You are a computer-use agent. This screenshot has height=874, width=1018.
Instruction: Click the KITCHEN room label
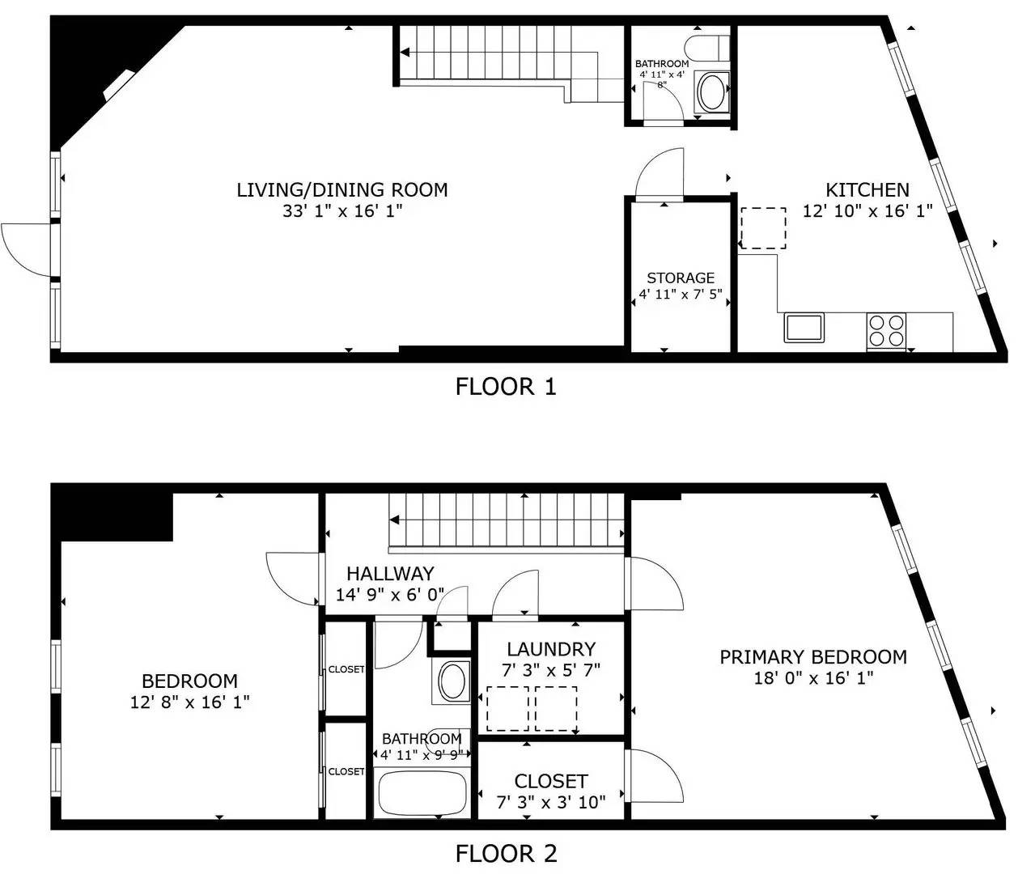tap(867, 189)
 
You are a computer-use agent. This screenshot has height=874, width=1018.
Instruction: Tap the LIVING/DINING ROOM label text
tap(342, 189)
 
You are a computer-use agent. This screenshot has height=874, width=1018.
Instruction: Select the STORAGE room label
tap(681, 278)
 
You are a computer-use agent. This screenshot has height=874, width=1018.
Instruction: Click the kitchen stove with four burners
tap(886, 331)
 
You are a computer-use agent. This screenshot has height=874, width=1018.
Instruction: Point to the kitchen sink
tap(804, 328)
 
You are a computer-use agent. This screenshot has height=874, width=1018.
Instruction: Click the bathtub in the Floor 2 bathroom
tap(422, 794)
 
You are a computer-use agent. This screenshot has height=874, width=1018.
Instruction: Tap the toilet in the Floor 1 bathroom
tap(706, 47)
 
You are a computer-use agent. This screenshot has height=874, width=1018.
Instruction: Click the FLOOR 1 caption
tap(506, 387)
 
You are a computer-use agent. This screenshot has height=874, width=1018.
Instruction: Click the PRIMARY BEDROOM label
tap(813, 657)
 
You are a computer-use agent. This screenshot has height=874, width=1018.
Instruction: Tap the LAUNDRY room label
tap(551, 649)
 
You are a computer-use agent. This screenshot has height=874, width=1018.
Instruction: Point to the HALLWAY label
tap(390, 574)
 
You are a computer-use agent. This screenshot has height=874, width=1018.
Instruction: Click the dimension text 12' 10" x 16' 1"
tap(867, 211)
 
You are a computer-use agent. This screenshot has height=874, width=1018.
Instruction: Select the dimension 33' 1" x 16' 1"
tap(342, 211)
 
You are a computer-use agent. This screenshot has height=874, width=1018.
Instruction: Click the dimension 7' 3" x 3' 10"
tap(551, 803)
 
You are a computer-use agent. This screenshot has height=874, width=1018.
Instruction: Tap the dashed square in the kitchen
tap(763, 228)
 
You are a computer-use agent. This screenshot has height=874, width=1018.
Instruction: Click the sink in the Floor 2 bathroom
tap(452, 681)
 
